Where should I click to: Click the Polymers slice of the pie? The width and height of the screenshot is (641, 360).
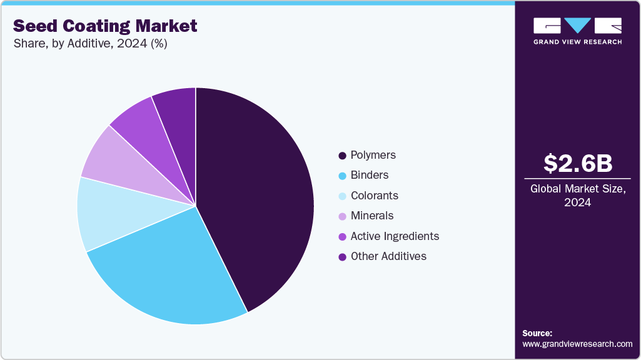[x=256, y=194]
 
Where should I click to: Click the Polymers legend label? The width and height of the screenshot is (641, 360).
[x=373, y=155]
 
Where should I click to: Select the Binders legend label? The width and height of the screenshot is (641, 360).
[x=370, y=175]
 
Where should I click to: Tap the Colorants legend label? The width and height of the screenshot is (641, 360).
[x=375, y=196]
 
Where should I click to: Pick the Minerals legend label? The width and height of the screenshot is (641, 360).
[x=372, y=216]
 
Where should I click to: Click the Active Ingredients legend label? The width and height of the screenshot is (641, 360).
[x=395, y=236]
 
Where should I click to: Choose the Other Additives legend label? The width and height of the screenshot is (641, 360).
[x=388, y=256]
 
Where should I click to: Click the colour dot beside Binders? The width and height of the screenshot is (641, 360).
[x=342, y=176]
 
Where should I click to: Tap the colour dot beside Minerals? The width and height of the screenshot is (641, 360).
[x=342, y=216]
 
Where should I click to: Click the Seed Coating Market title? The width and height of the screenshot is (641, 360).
[x=105, y=26]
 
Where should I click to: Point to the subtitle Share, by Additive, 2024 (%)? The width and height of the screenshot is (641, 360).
[x=90, y=44]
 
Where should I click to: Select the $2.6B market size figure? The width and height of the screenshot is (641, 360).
[x=578, y=163]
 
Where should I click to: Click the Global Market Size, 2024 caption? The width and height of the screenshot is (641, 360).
[x=578, y=195]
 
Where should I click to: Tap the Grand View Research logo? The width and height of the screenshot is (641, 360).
[x=578, y=30]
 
